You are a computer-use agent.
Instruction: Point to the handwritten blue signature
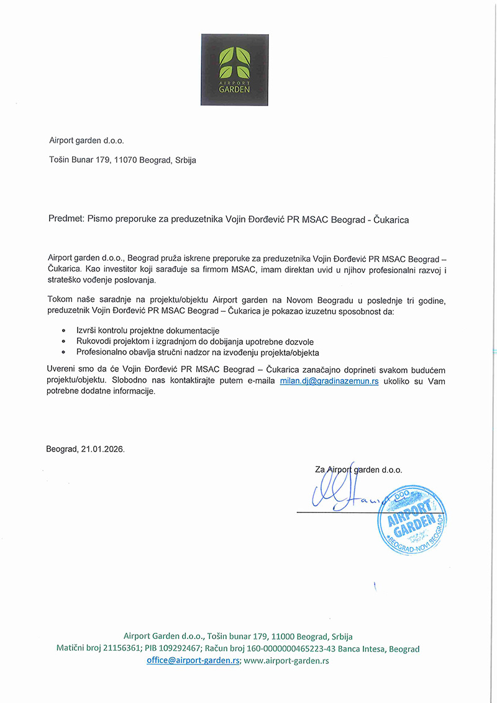[342, 494]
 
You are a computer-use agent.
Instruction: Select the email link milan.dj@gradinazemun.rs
[329, 381]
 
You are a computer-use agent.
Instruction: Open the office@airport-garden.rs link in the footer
[193, 661]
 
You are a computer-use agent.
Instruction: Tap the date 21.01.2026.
[103, 448]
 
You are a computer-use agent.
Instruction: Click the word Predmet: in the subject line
[66, 219]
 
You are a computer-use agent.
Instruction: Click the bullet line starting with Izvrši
[148, 330]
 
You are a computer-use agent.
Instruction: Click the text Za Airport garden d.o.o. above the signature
[358, 470]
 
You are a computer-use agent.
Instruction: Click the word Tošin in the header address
[60, 160]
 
